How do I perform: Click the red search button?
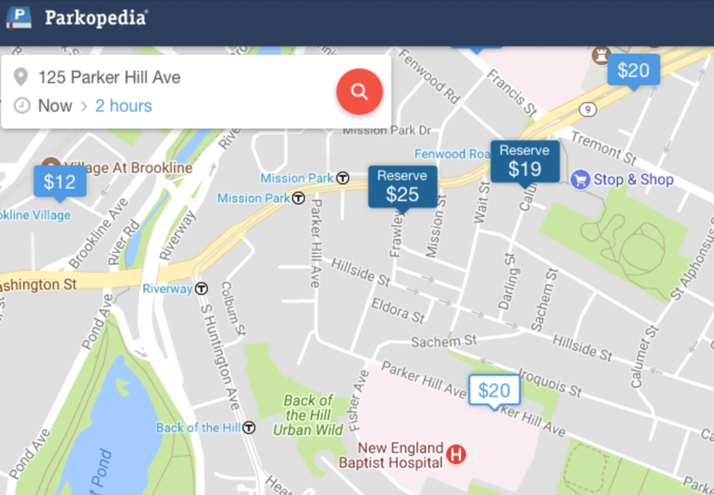coord(359,91)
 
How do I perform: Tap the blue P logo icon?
coord(19,17)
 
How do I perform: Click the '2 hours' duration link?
coord(123,106)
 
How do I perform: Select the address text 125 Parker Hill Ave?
coord(109,77)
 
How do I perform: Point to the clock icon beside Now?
coord(22,106)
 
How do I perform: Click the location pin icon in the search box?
coord(22,77)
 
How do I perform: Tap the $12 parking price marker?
coord(60,182)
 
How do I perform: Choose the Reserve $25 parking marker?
coord(402,187)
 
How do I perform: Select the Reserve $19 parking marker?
coord(524,162)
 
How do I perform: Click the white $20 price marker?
coord(494,390)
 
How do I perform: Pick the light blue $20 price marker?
coord(633,70)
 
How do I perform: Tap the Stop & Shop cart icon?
coord(580,180)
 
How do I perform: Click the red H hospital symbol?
coord(455,455)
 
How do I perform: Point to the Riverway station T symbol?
coord(202,288)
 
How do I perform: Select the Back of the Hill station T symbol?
coord(248,427)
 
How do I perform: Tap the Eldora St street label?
coord(398,311)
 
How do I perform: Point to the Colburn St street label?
coord(233,307)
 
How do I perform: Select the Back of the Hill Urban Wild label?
coord(308,415)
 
